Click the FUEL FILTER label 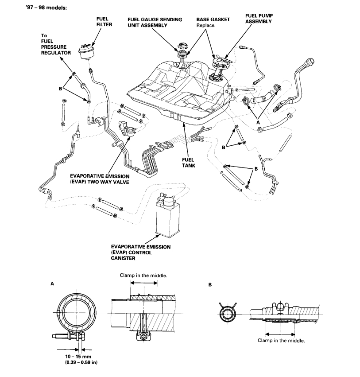tap(103, 22)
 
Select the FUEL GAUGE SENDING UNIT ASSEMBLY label tap(150, 23)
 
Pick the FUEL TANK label tap(188, 163)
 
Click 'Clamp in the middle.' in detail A tap(143, 275)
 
